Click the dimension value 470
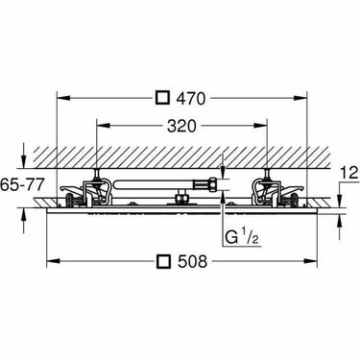pyautogui.click(x=190, y=98)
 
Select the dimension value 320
pyautogui.click(x=181, y=126)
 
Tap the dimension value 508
pyautogui.click(x=192, y=261)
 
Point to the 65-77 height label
pyautogui.click(x=22, y=185)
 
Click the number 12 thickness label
pyautogui.click(x=349, y=174)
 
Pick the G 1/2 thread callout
pyautogui.click(x=241, y=237)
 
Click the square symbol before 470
pyautogui.click(x=162, y=98)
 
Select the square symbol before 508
pyautogui.click(x=163, y=261)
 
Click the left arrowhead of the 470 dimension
pyautogui.click(x=63, y=98)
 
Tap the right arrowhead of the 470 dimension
pyautogui.click(x=300, y=98)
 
